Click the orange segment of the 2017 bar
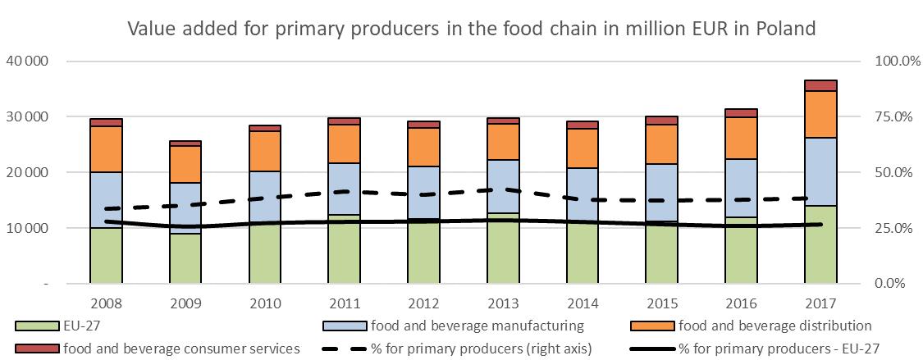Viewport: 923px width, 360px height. tap(820, 114)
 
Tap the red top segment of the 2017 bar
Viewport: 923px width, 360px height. tap(820, 85)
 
